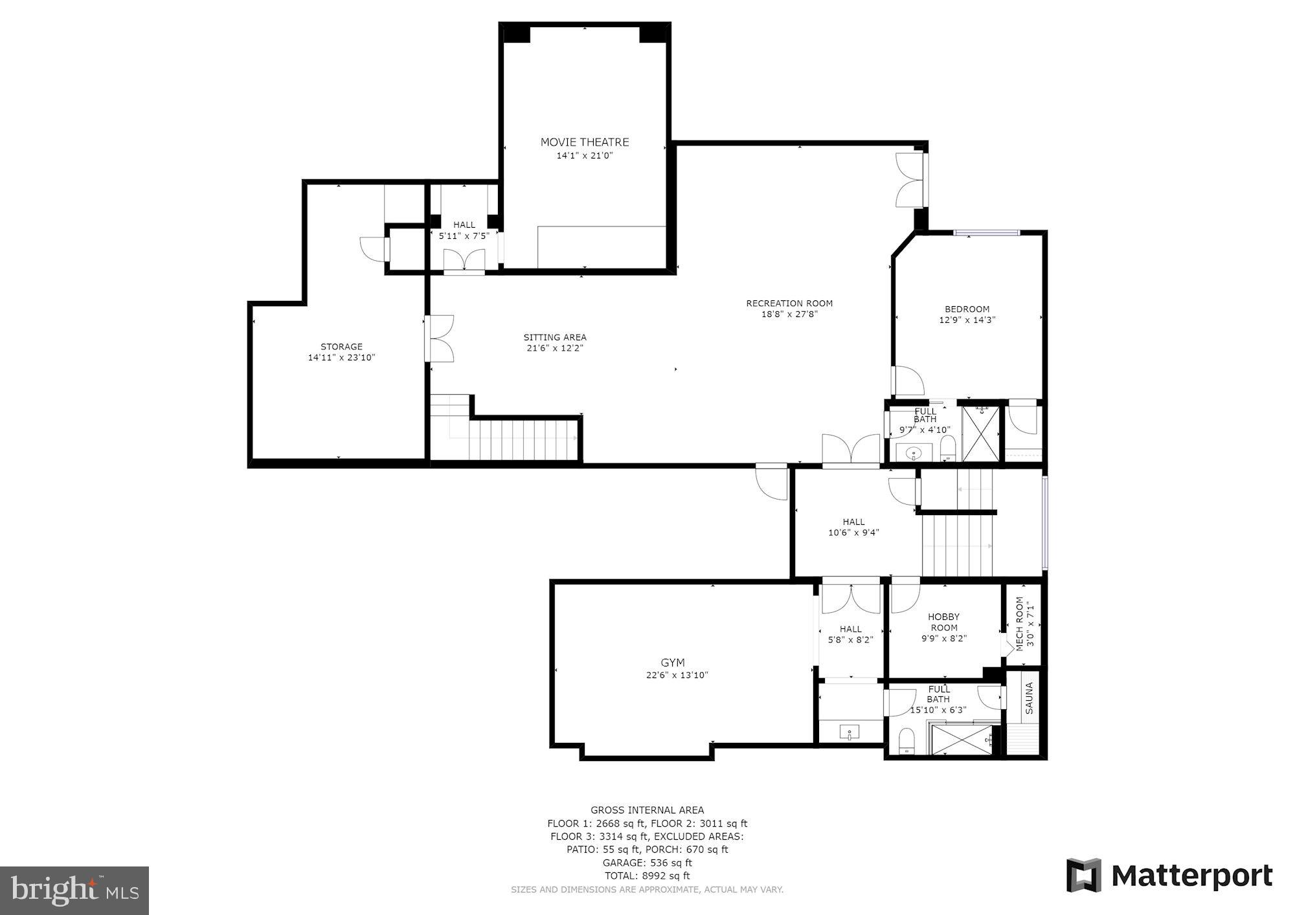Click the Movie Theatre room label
point(585,142)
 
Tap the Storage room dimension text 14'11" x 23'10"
point(341,357)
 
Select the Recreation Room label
point(789,303)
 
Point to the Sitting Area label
point(555,337)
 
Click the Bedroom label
point(967,309)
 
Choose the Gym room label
point(672,663)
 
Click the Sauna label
point(1030,698)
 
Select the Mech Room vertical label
point(1020,624)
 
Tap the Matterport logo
point(1169,876)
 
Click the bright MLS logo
point(74,890)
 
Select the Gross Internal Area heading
point(647,810)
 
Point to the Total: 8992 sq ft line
point(647,876)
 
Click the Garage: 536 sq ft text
point(647,863)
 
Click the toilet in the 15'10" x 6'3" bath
point(906,739)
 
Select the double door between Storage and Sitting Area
point(439,338)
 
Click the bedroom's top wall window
point(986,233)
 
